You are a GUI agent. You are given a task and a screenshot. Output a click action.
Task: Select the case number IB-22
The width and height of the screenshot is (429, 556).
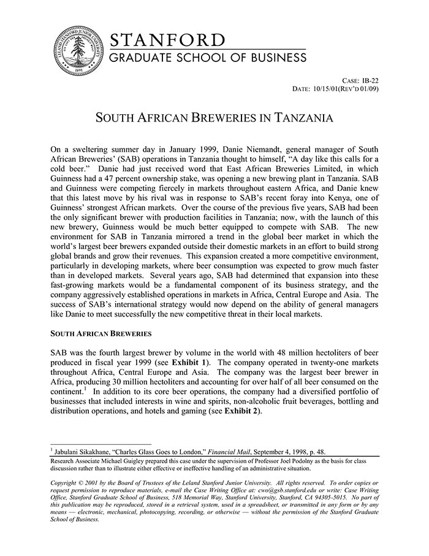pyautogui.click(x=370, y=81)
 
